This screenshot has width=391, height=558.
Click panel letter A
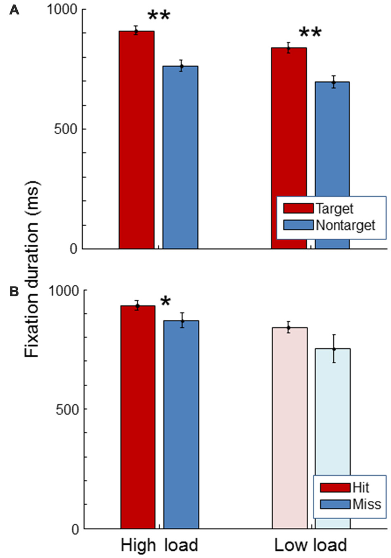tap(14, 10)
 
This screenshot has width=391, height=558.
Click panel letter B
tap(14, 291)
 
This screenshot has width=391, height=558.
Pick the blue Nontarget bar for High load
tap(180, 157)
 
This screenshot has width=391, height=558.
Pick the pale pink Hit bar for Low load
tap(290, 427)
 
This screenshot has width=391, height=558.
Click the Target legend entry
tap(319, 208)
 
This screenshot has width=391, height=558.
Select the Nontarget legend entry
tap(329, 225)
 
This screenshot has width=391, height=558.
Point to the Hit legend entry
tap(345, 487)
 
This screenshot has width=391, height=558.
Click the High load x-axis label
tap(159, 546)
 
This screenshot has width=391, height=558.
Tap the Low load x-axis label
tap(310, 546)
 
